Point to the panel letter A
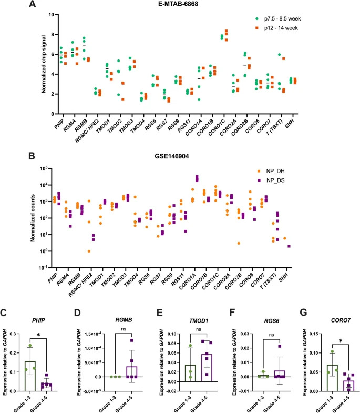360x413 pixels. [x=33, y=5]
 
